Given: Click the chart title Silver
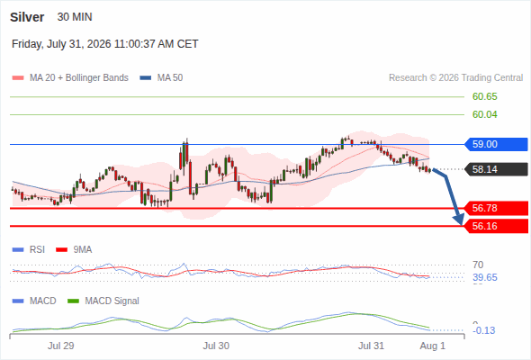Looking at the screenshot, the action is pyautogui.click(x=27, y=17).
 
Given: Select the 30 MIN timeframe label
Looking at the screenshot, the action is pyautogui.click(x=75, y=17).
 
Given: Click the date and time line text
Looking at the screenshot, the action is pyautogui.click(x=105, y=44).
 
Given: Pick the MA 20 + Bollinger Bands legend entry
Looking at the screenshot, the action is pyautogui.click(x=70, y=78).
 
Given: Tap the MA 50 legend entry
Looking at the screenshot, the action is pyautogui.click(x=161, y=78).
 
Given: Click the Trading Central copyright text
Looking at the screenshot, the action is pyautogui.click(x=455, y=78).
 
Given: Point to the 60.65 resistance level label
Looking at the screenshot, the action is pyautogui.click(x=485, y=96).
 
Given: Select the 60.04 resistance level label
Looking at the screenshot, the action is pyautogui.click(x=485, y=114).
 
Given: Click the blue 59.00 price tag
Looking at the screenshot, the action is pyautogui.click(x=496, y=144).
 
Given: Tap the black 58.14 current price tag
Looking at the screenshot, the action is pyautogui.click(x=496, y=169).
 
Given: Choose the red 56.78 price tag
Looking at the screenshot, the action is pyautogui.click(x=496, y=208).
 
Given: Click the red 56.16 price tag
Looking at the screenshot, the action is pyautogui.click(x=496, y=226).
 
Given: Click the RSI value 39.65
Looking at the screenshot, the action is pyautogui.click(x=485, y=277).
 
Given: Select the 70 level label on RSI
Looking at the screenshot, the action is pyautogui.click(x=478, y=265).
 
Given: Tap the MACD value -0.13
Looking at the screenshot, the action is pyautogui.click(x=483, y=330).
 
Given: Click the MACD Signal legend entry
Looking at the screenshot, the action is pyautogui.click(x=103, y=301).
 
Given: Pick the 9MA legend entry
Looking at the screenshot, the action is pyautogui.click(x=74, y=249).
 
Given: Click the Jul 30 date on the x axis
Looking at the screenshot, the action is pyautogui.click(x=216, y=346).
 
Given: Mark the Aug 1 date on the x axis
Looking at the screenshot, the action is pyautogui.click(x=433, y=346).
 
